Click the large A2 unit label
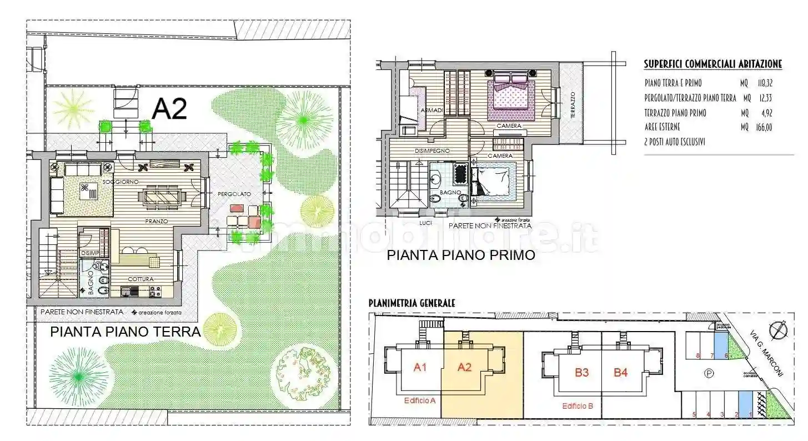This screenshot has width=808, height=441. point(169,109)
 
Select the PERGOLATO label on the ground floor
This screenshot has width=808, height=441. point(234,194)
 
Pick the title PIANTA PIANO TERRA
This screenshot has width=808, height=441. point(125,332)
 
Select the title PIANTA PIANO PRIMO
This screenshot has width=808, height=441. point(460,255)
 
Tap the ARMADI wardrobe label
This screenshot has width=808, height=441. point(431,111)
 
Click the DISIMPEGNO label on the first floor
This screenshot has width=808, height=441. point(432,151)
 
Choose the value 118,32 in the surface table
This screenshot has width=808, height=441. point(765,83)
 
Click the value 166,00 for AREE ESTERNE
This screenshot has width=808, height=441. point(765,127)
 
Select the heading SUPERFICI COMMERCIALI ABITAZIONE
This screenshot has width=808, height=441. point(712,64)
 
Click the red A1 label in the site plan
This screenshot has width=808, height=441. point(420,367)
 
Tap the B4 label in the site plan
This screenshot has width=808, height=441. point(620,372)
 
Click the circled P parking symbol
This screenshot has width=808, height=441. point(709,374)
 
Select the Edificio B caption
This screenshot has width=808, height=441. point(578,406)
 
